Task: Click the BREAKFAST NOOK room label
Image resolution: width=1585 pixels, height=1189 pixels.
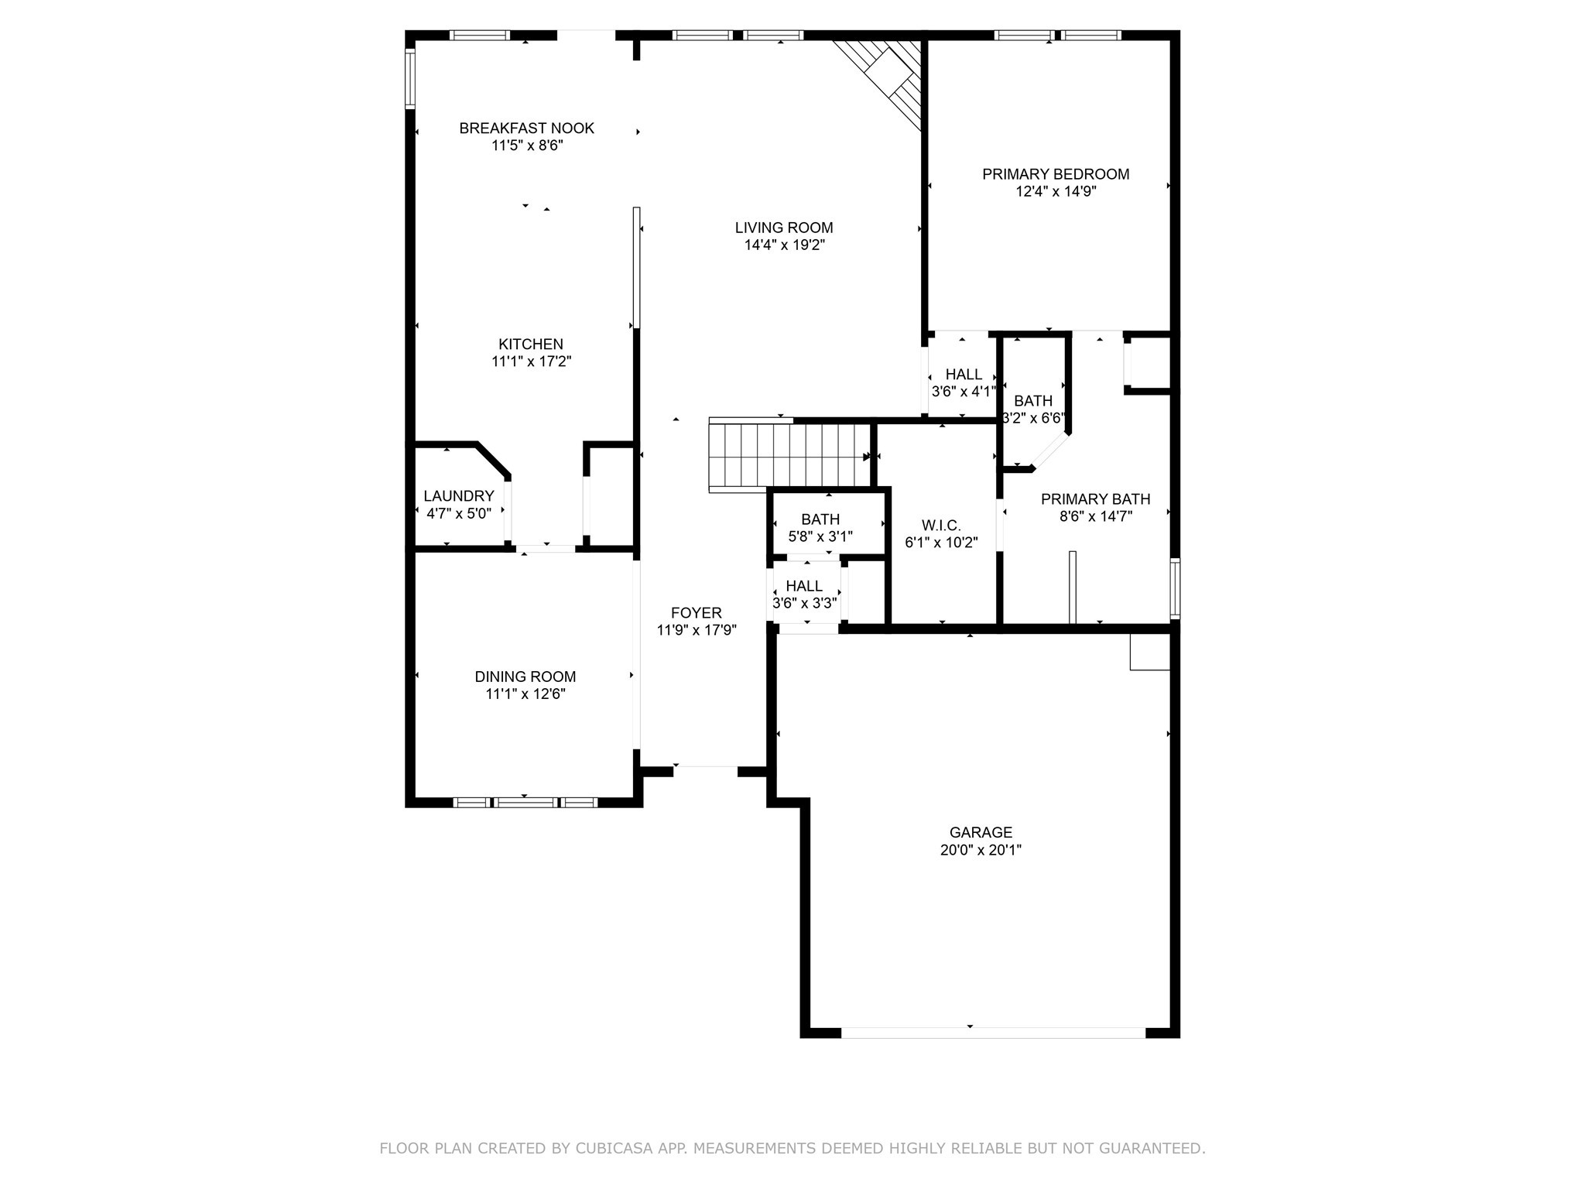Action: (x=526, y=128)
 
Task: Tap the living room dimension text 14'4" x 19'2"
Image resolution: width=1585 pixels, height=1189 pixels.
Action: (x=784, y=245)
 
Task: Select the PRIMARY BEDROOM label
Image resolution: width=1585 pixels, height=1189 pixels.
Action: (x=1056, y=174)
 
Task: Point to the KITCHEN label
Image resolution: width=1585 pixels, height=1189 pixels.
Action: (x=531, y=344)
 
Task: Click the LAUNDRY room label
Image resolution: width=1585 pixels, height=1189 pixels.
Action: (x=459, y=496)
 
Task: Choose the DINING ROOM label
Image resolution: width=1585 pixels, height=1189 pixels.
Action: (x=525, y=677)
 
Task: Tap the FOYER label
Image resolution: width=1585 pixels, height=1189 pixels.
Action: (x=697, y=613)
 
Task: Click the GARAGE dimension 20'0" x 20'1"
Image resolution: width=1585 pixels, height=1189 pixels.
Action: (x=981, y=850)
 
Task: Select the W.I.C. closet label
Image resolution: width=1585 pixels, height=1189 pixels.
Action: (x=942, y=526)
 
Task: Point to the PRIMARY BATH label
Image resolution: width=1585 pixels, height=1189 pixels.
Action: (x=1095, y=499)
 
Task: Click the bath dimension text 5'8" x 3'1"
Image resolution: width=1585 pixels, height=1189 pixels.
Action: (x=820, y=536)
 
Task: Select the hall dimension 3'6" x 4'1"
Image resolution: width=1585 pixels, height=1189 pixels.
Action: (x=963, y=392)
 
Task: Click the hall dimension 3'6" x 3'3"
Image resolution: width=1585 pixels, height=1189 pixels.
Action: (x=805, y=603)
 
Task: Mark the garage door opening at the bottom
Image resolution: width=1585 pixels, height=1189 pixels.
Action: (x=993, y=1033)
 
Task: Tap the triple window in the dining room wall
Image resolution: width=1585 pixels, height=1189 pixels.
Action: (x=525, y=803)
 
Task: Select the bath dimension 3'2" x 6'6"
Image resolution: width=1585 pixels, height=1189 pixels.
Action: (x=1033, y=419)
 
